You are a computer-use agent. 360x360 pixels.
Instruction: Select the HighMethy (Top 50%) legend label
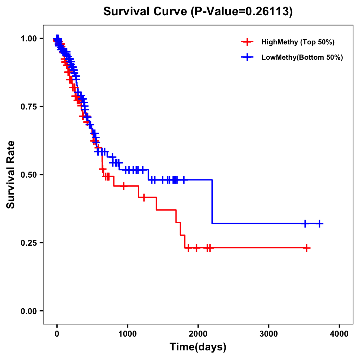click(298, 42)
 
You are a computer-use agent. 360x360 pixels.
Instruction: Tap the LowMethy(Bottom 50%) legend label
click(302, 57)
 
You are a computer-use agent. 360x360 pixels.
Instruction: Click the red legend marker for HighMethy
click(247, 42)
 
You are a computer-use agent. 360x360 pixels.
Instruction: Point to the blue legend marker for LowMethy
click(247, 57)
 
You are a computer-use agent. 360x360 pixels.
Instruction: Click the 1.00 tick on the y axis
click(28, 38)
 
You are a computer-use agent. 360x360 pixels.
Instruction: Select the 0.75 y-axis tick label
click(28, 106)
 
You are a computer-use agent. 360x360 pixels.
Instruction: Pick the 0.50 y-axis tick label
click(28, 175)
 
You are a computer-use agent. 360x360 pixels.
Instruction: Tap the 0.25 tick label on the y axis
click(28, 243)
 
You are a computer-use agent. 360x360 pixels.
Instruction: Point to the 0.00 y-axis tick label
click(28, 311)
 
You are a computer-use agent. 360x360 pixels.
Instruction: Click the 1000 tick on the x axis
click(127, 334)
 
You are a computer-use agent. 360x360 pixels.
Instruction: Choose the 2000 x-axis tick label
click(198, 334)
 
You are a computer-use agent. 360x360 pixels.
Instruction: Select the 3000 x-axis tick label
click(268, 334)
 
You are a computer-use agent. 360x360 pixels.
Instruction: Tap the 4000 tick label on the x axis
click(339, 334)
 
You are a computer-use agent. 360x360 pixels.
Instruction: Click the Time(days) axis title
click(198, 347)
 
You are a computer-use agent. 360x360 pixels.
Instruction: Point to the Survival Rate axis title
click(11, 175)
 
